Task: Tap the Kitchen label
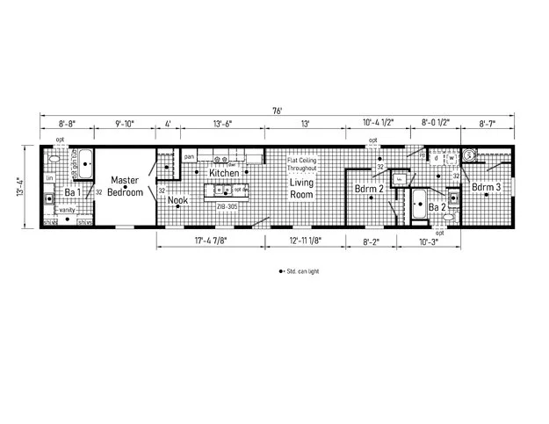point(224,174)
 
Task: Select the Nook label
point(178,200)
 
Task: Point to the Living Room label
point(302,189)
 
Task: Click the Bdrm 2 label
point(369,189)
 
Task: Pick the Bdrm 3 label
point(486,187)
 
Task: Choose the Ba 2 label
point(436,207)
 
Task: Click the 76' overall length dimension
point(278,110)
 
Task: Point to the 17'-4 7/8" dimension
point(209,240)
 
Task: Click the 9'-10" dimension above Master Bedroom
point(125,124)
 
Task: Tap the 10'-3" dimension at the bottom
point(429,240)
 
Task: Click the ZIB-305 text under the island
point(227,205)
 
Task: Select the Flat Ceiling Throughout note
point(302,164)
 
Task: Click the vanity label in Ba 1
point(67,211)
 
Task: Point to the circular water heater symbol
point(470,155)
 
